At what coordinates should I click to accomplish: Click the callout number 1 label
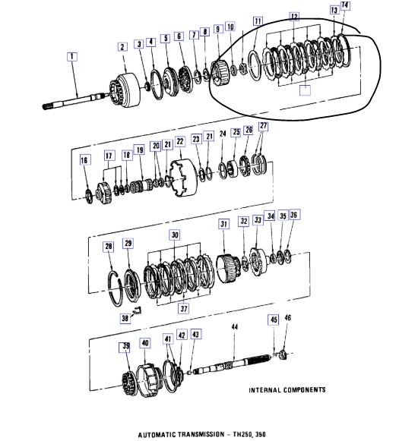tap(72, 56)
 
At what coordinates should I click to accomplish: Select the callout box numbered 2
tap(122, 47)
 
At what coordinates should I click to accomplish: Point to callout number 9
tap(219, 28)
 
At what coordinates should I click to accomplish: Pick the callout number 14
tap(346, 5)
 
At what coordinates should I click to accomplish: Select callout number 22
tap(180, 141)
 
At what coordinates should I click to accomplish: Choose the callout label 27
tap(263, 126)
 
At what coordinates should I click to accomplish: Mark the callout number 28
tap(109, 247)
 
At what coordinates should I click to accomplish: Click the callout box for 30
tap(178, 235)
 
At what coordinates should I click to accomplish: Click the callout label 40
tap(144, 343)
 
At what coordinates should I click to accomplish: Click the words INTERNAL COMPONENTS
tap(287, 390)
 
